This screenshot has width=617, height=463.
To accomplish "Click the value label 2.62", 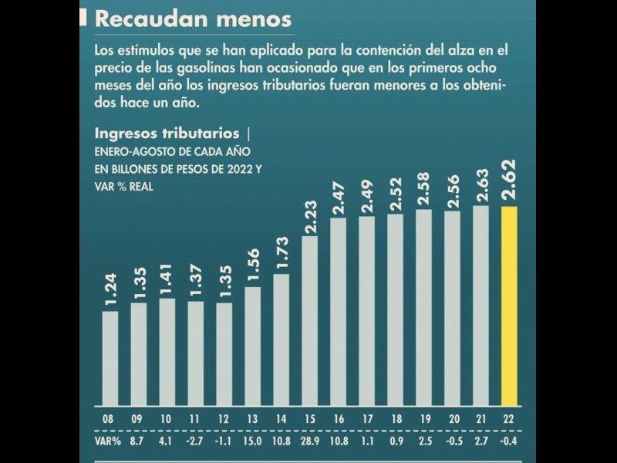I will coord(510,182).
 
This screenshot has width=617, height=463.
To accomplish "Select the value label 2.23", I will coord(310,211).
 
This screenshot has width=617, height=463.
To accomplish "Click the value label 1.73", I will coord(282,250).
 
